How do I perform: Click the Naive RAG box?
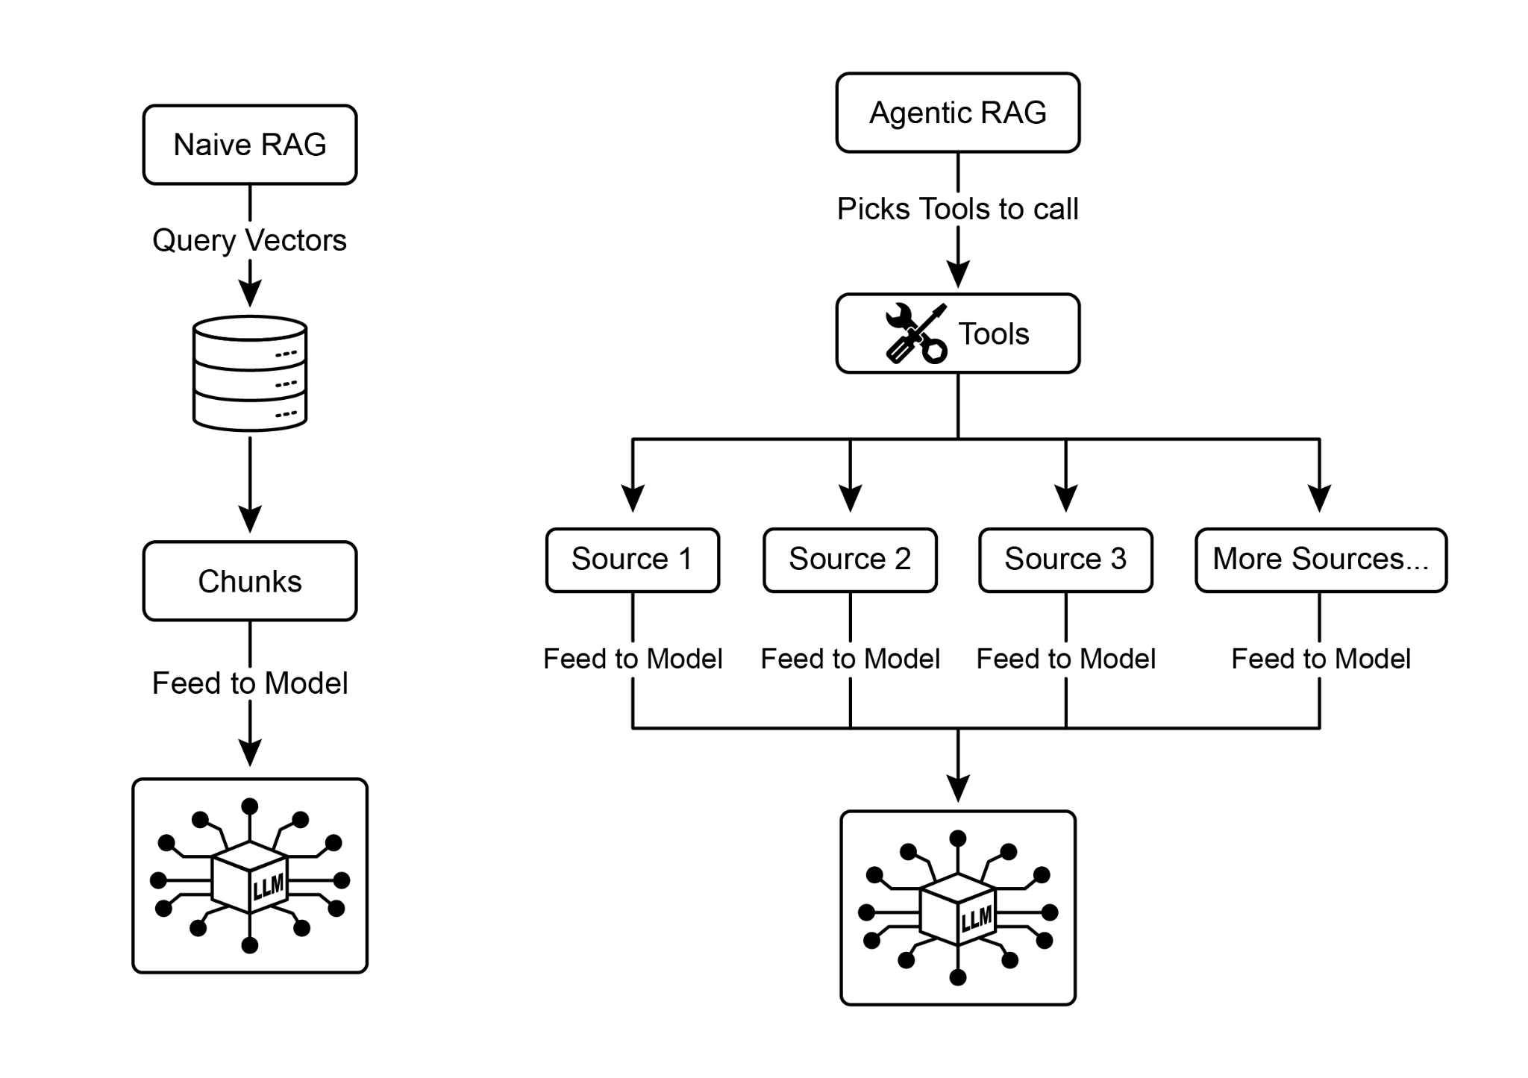[x=250, y=145]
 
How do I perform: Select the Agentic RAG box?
[x=957, y=113]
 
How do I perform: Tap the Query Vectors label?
[x=249, y=240]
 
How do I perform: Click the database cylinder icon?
[x=250, y=373]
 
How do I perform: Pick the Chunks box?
[x=250, y=581]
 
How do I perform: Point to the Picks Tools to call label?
[x=957, y=209]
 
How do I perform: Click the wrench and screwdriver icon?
[x=915, y=333]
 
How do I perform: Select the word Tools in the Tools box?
[x=993, y=334]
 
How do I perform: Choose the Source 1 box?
[x=632, y=560]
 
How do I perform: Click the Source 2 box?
[x=850, y=560]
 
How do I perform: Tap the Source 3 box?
[x=1065, y=560]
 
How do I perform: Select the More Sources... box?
[x=1321, y=560]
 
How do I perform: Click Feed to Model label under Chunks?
[x=250, y=683]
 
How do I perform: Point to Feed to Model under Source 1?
[x=633, y=659]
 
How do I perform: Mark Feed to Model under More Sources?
[x=1321, y=659]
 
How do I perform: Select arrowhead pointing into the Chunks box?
[x=250, y=519]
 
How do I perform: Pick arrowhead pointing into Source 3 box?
[x=1066, y=498]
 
